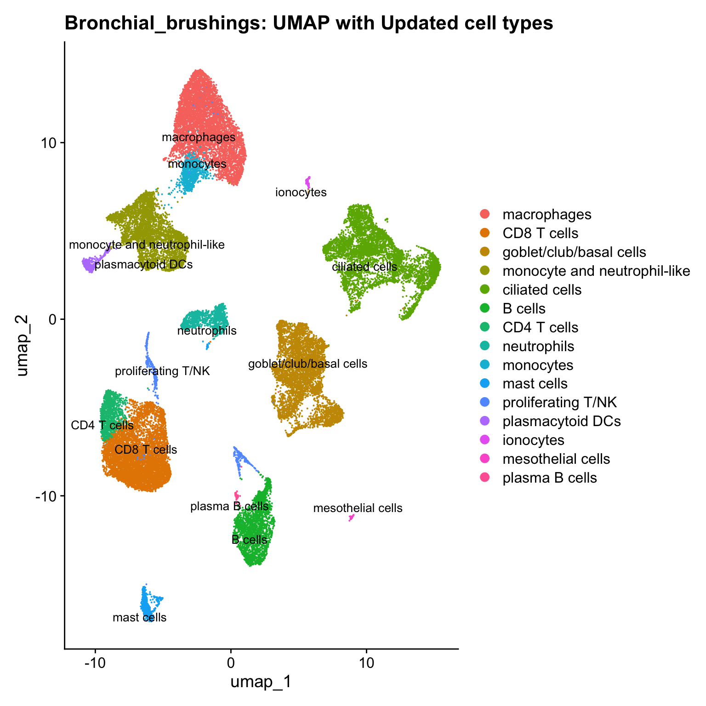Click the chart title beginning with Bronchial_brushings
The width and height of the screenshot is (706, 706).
[308, 23]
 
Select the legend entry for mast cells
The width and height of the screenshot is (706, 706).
[535, 384]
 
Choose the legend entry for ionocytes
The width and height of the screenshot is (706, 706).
[533, 440]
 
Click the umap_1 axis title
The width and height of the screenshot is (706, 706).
[261, 682]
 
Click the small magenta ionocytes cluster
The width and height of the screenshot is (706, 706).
[308, 181]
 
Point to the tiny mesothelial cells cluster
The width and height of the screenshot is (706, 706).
[352, 518]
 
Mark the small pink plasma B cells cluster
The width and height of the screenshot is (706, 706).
[237, 495]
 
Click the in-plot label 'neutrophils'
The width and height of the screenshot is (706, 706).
[207, 330]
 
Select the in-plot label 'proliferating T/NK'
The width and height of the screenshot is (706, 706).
[162, 371]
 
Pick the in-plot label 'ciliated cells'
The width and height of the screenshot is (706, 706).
[364, 267]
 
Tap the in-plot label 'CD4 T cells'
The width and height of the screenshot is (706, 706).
[102, 425]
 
